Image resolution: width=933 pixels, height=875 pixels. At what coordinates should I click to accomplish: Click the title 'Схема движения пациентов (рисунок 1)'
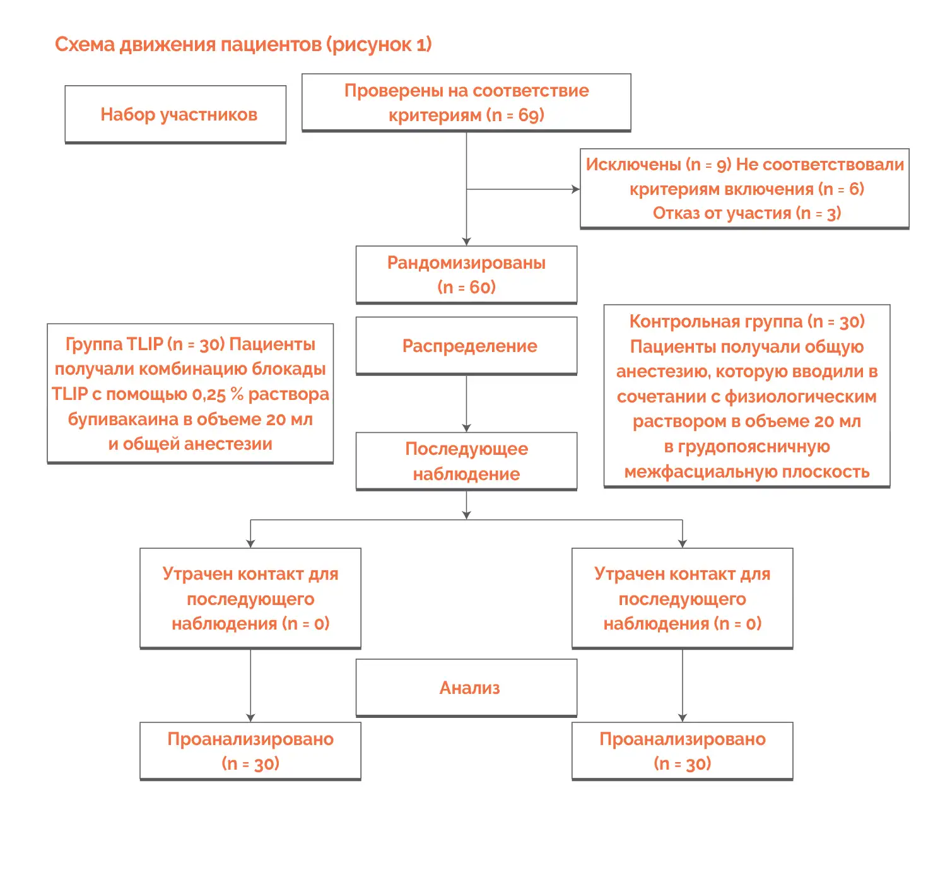[243, 45]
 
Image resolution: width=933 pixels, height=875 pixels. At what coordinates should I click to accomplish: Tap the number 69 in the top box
[528, 115]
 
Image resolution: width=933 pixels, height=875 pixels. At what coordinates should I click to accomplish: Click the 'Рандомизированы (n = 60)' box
[466, 275]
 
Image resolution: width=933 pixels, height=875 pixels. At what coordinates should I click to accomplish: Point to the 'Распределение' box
[466, 346]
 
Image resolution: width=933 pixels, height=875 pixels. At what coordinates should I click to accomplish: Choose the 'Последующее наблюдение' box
[466, 461]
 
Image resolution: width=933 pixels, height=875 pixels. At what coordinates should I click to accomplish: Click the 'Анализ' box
[466, 688]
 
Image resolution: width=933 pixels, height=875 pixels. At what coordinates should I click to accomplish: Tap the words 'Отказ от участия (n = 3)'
[746, 213]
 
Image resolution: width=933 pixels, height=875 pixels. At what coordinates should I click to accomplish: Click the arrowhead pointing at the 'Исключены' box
[575, 189]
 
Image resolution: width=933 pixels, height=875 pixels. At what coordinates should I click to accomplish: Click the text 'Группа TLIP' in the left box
[114, 344]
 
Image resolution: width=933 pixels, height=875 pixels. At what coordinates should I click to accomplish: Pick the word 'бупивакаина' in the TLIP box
[123, 420]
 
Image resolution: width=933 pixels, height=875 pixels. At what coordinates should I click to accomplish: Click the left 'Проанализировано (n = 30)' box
[250, 751]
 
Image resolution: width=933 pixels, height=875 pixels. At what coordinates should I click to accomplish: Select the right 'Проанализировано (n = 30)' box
[682, 751]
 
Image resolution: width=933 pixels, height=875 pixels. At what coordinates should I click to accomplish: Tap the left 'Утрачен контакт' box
[250, 598]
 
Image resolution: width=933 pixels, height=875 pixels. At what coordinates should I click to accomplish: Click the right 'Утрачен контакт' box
[682, 598]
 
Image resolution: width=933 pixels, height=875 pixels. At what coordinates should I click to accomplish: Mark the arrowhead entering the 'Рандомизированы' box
[466, 242]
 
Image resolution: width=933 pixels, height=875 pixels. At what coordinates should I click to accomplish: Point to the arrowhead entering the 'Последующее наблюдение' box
[466, 428]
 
